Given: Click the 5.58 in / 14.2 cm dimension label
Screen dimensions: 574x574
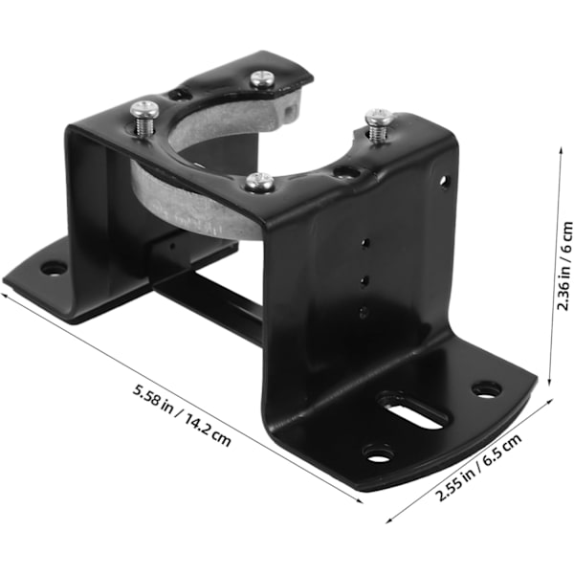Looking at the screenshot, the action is tap(182, 415).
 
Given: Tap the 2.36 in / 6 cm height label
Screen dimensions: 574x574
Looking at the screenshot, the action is tap(564, 266).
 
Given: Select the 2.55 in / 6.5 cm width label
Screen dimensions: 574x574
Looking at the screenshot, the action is tap(479, 468).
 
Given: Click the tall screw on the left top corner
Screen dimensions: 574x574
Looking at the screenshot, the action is tap(145, 116).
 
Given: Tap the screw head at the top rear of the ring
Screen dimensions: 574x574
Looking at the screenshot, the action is tap(262, 79).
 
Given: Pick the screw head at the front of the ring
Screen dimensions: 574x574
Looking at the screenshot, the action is tap(260, 182).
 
